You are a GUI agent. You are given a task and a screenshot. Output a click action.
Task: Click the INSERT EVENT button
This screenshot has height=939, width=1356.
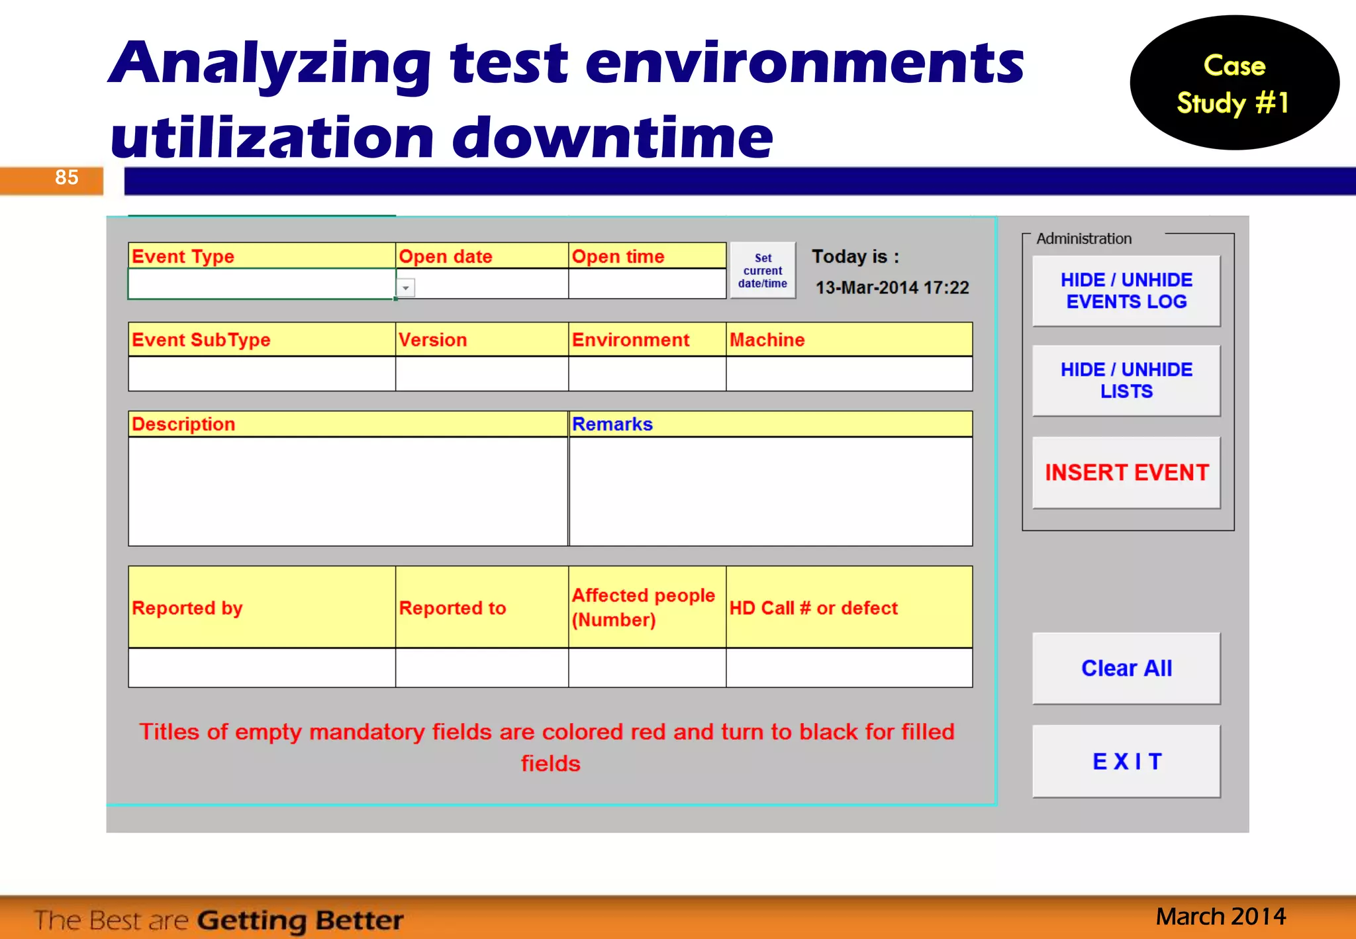pyautogui.click(x=1126, y=472)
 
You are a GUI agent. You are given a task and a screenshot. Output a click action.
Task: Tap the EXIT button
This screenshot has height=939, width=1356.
pyautogui.click(x=1126, y=761)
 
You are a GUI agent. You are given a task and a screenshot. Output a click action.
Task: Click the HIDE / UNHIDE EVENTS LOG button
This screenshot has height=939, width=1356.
pyautogui.click(x=1126, y=291)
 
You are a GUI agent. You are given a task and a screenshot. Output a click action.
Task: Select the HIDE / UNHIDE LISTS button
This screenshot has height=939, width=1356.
pyautogui.click(x=1126, y=380)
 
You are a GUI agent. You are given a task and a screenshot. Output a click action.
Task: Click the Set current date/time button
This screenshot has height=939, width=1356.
pyautogui.click(x=763, y=271)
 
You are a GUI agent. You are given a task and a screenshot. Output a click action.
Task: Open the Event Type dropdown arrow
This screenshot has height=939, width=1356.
pyautogui.click(x=405, y=288)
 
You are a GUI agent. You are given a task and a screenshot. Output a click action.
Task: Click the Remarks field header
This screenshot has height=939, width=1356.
pyautogui.click(x=770, y=424)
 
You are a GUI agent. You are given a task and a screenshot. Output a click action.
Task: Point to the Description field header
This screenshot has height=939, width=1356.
pyautogui.click(x=348, y=424)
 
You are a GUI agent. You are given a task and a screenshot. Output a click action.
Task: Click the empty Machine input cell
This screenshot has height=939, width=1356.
pyautogui.click(x=849, y=374)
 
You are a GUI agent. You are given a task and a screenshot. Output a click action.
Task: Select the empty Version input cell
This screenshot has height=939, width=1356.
pyautogui.click(x=481, y=374)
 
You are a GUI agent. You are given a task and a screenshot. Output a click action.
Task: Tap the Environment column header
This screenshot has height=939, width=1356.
pyautogui.click(x=647, y=340)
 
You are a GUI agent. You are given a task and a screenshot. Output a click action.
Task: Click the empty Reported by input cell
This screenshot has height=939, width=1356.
pyautogui.click(x=262, y=667)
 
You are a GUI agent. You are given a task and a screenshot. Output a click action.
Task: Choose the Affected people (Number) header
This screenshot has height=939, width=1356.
pyautogui.click(x=647, y=607)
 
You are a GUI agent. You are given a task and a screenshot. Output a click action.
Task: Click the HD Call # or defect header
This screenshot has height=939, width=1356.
pyautogui.click(x=849, y=607)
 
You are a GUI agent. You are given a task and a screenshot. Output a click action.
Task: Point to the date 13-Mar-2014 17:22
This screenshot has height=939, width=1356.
pyautogui.click(x=892, y=287)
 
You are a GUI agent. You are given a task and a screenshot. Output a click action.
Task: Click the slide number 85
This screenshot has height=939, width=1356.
pyautogui.click(x=66, y=177)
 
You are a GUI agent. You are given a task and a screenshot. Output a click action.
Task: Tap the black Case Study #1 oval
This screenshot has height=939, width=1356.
pyautogui.click(x=1234, y=83)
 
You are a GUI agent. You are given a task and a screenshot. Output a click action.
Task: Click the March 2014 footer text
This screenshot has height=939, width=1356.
pyautogui.click(x=1220, y=916)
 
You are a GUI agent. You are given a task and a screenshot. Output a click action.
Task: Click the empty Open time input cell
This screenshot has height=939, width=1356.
pyautogui.click(x=647, y=284)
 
